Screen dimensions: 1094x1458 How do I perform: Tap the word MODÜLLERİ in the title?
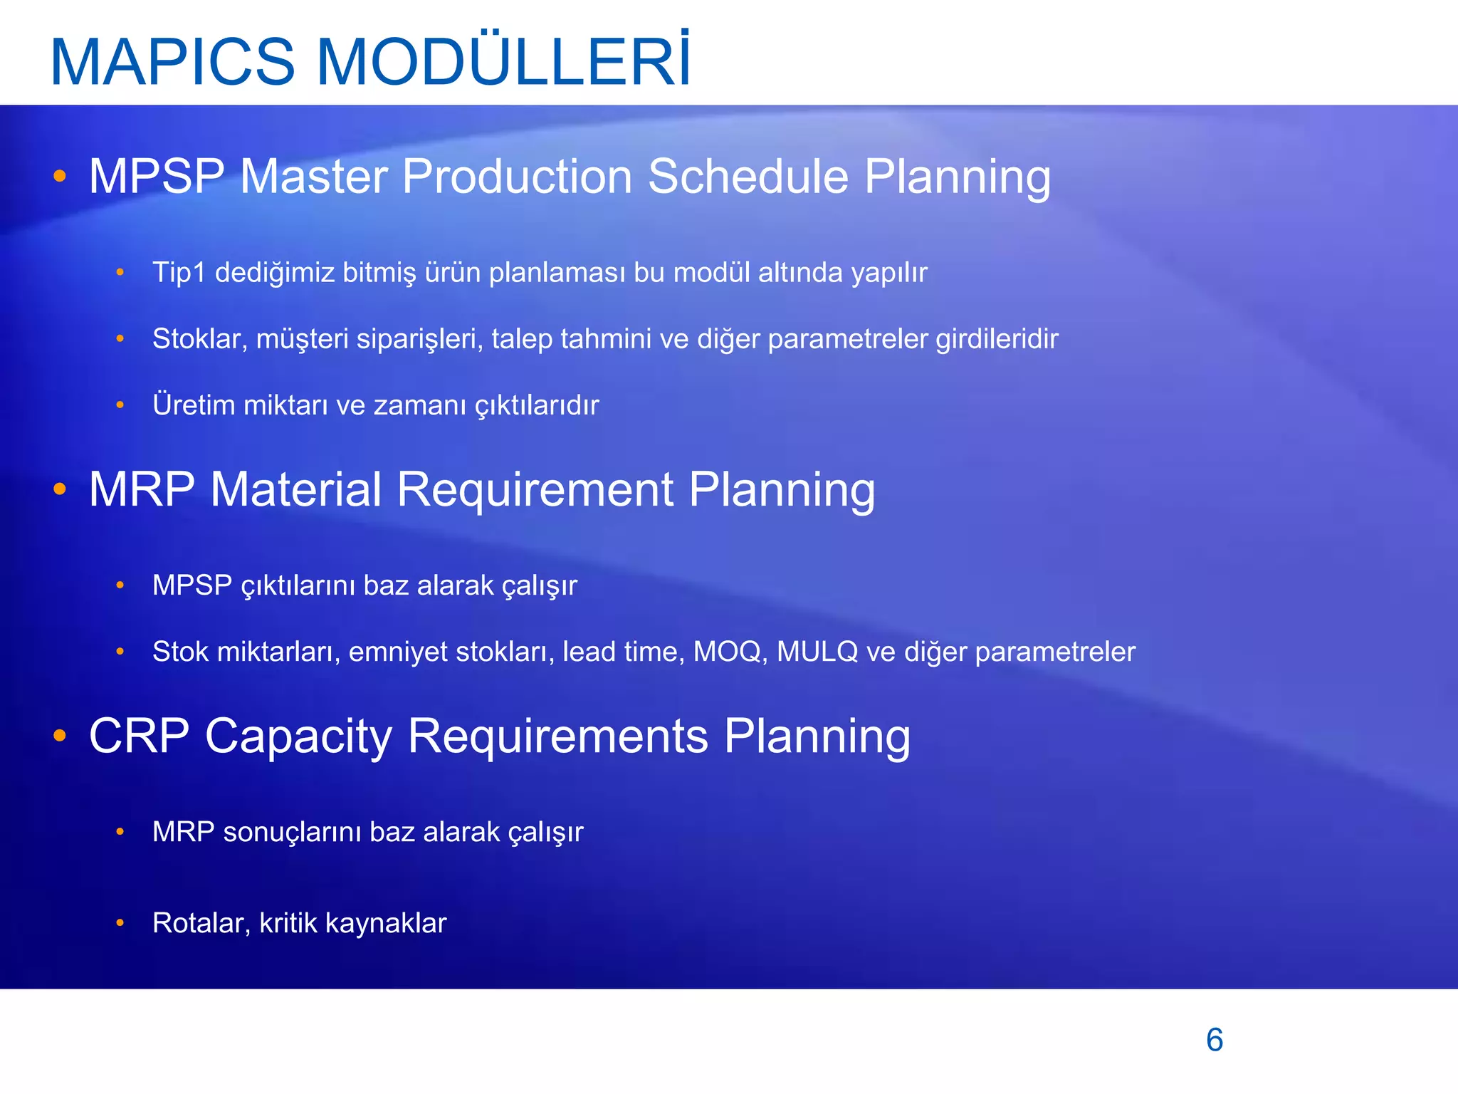503,61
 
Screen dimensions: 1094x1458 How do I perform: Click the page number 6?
1215,1040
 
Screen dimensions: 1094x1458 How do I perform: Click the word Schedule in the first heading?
748,176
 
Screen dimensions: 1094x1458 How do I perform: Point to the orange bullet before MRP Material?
60,489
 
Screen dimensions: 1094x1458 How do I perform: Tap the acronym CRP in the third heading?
139,736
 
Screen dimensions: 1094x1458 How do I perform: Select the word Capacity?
298,737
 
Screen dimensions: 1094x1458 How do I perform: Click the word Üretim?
194,405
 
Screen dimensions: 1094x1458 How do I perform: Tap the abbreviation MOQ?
729,652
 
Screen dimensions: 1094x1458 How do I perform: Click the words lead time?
623,652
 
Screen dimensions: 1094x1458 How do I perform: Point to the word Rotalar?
201,923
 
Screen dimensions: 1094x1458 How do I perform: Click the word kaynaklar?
386,923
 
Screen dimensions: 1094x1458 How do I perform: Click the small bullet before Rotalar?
120,923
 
